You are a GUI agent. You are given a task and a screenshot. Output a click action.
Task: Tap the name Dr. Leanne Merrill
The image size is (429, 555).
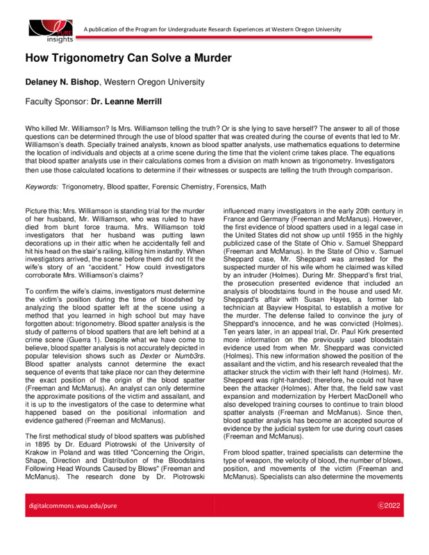tap(130, 101)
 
